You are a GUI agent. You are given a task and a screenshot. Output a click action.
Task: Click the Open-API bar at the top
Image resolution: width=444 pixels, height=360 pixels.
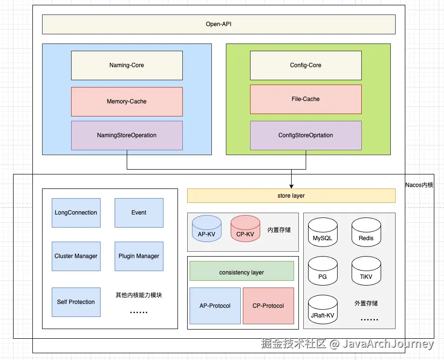tap(219, 24)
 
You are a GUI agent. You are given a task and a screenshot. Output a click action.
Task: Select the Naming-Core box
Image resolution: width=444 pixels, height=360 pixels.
tap(127, 65)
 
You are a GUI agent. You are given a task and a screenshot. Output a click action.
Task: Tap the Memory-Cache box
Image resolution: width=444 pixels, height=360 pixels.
tap(127, 101)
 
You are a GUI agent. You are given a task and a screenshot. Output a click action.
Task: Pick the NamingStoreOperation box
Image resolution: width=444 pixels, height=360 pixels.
tap(127, 135)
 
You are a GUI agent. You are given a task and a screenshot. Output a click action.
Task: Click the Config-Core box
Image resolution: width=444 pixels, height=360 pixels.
tap(306, 65)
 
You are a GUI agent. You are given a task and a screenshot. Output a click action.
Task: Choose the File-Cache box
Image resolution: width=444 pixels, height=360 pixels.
tap(306, 99)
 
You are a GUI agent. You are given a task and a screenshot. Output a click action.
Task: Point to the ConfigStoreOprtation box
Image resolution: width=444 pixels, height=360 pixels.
tap(306, 135)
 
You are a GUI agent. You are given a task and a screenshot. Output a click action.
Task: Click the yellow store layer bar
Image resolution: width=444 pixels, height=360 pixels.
tap(291, 196)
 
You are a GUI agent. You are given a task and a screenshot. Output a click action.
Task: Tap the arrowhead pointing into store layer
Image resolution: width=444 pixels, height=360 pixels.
tap(291, 187)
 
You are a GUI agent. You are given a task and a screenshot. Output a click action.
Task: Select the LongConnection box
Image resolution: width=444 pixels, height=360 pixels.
tap(76, 213)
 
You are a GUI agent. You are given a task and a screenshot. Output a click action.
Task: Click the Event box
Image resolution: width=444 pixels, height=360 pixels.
tap(139, 213)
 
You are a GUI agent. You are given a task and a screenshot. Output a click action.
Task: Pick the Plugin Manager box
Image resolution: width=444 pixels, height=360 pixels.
tap(139, 256)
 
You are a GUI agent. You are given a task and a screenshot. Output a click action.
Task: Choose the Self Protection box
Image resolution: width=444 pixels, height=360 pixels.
tap(76, 302)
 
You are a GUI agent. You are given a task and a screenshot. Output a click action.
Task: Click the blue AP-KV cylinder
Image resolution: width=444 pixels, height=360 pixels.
tap(207, 229)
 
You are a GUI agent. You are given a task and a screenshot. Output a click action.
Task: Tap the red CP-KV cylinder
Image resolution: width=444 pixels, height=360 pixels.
tap(246, 229)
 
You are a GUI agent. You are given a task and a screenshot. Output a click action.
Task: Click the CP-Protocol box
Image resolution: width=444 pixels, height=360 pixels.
tap(268, 306)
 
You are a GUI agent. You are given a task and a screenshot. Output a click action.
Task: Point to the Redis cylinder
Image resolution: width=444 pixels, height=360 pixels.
tap(367, 232)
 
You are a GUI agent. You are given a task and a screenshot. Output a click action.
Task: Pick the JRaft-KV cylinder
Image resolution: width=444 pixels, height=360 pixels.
tap(323, 309)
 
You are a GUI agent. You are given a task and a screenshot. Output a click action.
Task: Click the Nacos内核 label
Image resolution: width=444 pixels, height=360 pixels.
tap(419, 185)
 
